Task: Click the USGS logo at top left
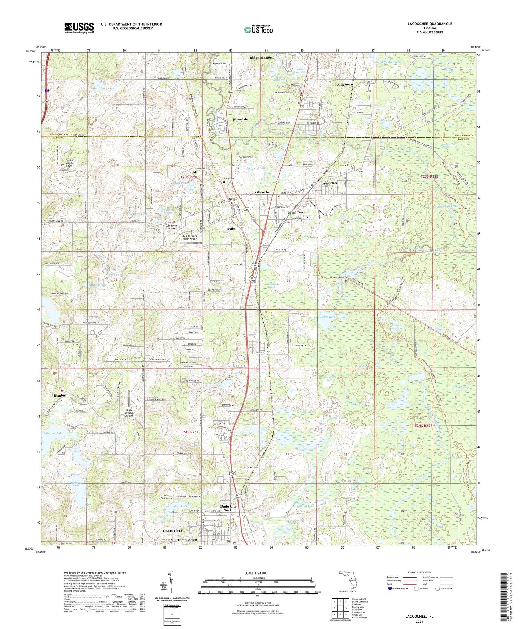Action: click(79, 28)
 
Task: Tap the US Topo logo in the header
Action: click(259, 30)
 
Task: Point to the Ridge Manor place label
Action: click(261, 58)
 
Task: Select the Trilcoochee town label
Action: click(262, 192)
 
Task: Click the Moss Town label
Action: click(297, 212)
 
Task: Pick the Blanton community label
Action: click(60, 395)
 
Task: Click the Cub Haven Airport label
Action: click(171, 227)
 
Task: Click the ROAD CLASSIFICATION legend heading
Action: click(419, 572)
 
